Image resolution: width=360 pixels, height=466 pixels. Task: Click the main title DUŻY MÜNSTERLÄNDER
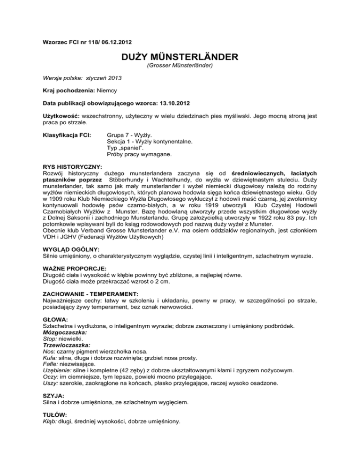(x=180, y=58)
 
